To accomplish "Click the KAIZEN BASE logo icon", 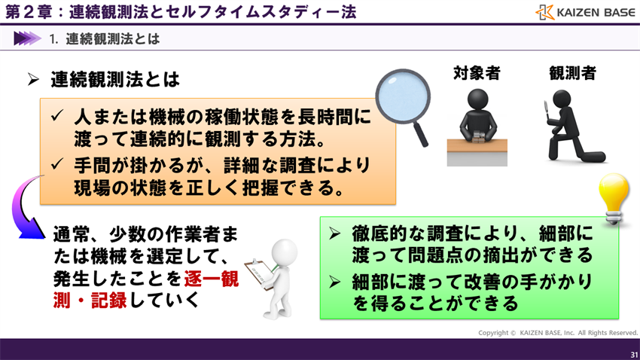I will coord(545,13).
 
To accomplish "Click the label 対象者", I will coord(477,73).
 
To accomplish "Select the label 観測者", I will coord(572,73).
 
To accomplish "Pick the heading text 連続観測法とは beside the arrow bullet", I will coord(116,79).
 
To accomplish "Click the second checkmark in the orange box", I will coord(58,164).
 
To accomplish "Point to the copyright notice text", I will coord(558,332).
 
